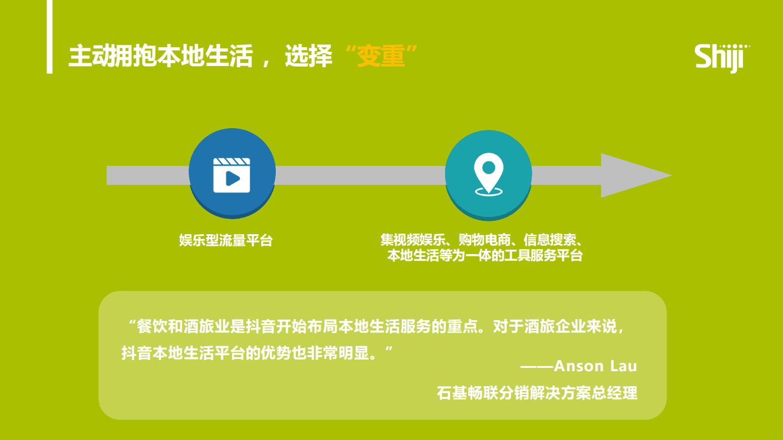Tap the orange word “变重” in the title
pyautogui.click(x=381, y=57)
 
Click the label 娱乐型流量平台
pyautogui.click(x=226, y=240)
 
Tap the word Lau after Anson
pyautogui.click(x=623, y=366)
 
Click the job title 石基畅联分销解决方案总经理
pyautogui.click(x=537, y=393)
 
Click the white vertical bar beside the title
pyautogui.click(x=49, y=37)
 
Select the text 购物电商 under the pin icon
pyautogui.click(x=488, y=240)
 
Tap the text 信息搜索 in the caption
pyautogui.click(x=552, y=240)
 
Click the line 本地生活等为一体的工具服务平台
pyautogui.click(x=484, y=256)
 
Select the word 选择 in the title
pyautogui.click(x=308, y=57)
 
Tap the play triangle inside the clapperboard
pyautogui.click(x=233, y=179)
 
